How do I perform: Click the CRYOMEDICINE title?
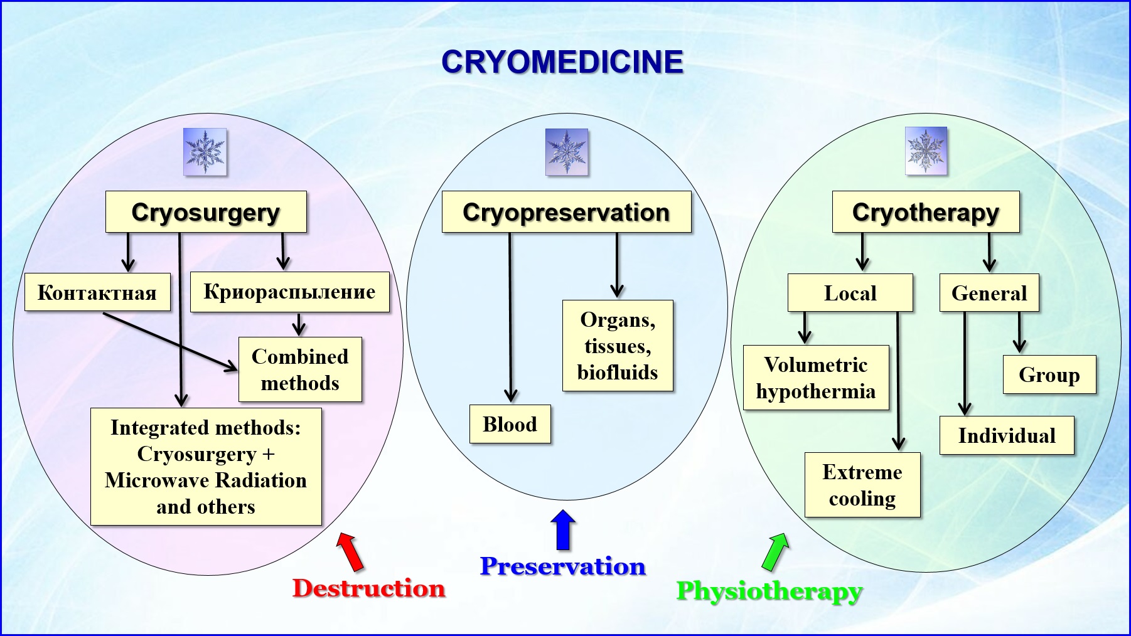[x=562, y=62]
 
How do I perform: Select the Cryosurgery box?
[x=206, y=212]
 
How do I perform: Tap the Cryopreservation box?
[x=566, y=212]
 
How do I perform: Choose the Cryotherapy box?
[x=926, y=212]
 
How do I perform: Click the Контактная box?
[x=97, y=292]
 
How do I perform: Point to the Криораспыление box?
[x=289, y=292]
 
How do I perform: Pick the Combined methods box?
[x=300, y=369]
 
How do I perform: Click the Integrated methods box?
[x=206, y=467]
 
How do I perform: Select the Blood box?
[x=510, y=424]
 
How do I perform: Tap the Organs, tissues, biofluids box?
[x=618, y=346]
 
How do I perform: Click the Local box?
[x=850, y=293]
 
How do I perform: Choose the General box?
[x=989, y=293]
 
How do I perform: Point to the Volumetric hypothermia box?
[x=816, y=378]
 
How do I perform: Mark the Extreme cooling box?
[x=862, y=485]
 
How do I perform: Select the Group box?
[x=1049, y=374]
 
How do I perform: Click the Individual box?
[x=1007, y=435]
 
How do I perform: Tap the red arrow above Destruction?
[x=350, y=551]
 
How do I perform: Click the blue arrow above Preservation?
[x=563, y=530]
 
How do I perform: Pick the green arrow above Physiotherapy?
[x=776, y=551]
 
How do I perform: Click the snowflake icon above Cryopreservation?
[x=567, y=152]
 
